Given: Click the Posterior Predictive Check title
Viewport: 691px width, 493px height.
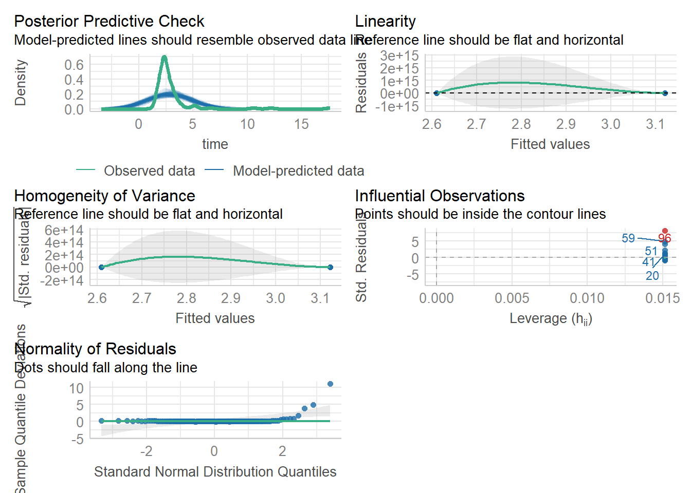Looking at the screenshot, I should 109,22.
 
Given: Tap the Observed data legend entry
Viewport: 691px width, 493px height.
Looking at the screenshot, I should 149,171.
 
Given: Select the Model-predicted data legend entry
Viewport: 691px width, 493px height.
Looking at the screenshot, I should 298,171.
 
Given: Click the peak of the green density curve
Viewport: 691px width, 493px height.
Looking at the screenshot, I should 164,57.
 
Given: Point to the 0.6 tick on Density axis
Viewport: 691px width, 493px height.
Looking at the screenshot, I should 74,65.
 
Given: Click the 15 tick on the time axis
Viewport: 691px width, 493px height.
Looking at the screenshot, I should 301,124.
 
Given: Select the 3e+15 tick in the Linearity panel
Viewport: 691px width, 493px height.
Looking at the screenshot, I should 399,56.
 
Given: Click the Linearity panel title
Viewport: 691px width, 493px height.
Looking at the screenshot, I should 385,22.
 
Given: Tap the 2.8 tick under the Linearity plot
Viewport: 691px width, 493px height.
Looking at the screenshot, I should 521,124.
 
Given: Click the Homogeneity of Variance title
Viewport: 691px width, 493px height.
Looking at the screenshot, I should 104,196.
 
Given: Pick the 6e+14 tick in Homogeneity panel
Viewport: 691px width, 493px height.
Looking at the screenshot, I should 64,230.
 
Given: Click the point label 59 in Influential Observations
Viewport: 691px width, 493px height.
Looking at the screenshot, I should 628,238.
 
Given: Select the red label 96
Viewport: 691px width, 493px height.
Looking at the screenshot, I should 665,238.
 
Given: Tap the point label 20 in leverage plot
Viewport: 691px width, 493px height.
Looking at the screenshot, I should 652,276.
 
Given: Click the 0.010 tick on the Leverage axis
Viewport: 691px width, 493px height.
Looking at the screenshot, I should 587,298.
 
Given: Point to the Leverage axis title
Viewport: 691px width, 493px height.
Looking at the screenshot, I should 551,319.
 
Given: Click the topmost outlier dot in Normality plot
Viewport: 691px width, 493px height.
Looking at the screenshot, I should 330,384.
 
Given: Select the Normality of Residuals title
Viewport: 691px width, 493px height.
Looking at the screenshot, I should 95,349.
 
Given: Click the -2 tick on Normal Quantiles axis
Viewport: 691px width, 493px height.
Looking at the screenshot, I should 146,451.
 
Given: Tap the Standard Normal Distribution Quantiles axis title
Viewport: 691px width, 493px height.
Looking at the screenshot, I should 215,472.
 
